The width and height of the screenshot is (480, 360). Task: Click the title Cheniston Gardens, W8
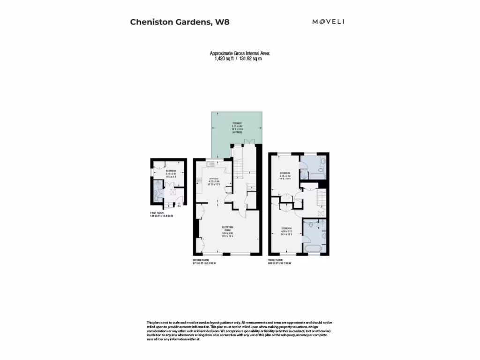click(180, 22)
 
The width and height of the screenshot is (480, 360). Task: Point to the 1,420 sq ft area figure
click(225, 59)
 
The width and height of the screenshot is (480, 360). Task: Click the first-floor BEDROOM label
click(171, 171)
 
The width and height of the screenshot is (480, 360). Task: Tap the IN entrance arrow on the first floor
click(179, 204)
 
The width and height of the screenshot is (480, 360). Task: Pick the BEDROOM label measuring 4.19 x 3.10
click(285, 173)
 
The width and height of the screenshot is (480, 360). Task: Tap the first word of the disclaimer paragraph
click(150, 322)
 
